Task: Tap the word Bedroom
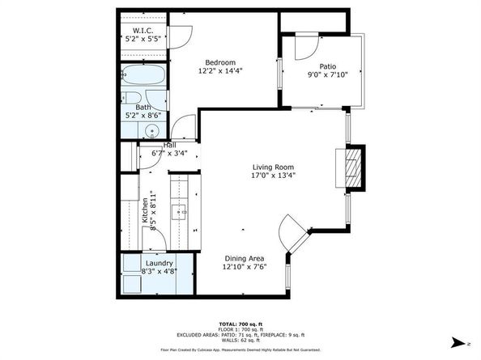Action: click(219, 63)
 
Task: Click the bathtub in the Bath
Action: click(145, 79)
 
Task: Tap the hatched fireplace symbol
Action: click(351, 167)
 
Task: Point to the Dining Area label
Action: click(245, 259)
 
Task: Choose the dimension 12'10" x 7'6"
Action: click(245, 267)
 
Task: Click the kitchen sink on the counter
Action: click(179, 214)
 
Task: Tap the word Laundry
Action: click(158, 264)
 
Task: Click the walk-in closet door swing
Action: click(181, 33)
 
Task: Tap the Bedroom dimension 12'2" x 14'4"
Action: click(219, 71)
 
